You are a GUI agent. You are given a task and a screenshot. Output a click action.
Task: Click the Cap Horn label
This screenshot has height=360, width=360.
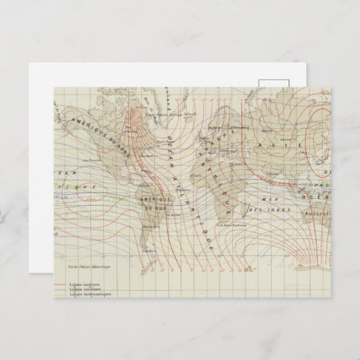point(154,251)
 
